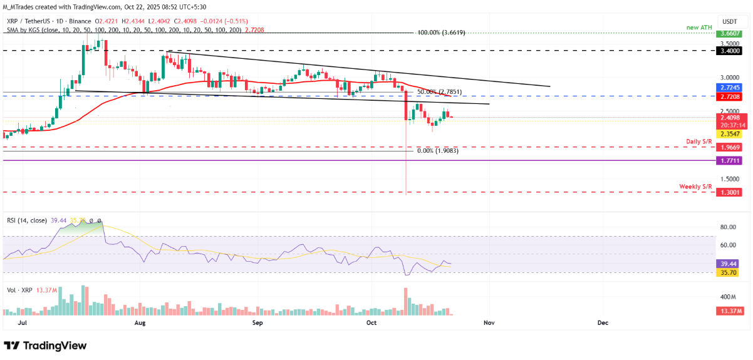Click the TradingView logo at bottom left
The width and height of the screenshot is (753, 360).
pos(45,346)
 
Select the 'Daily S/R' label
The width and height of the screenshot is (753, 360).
pos(699,142)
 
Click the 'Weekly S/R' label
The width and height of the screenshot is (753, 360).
pos(696,187)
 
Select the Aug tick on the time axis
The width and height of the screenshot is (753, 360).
pos(140,322)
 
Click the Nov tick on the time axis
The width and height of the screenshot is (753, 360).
pos(490,322)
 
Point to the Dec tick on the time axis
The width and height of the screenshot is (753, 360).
pos(603,322)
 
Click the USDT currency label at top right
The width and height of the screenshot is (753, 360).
pos(730,21)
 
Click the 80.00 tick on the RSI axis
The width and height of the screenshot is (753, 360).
pos(728,227)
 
